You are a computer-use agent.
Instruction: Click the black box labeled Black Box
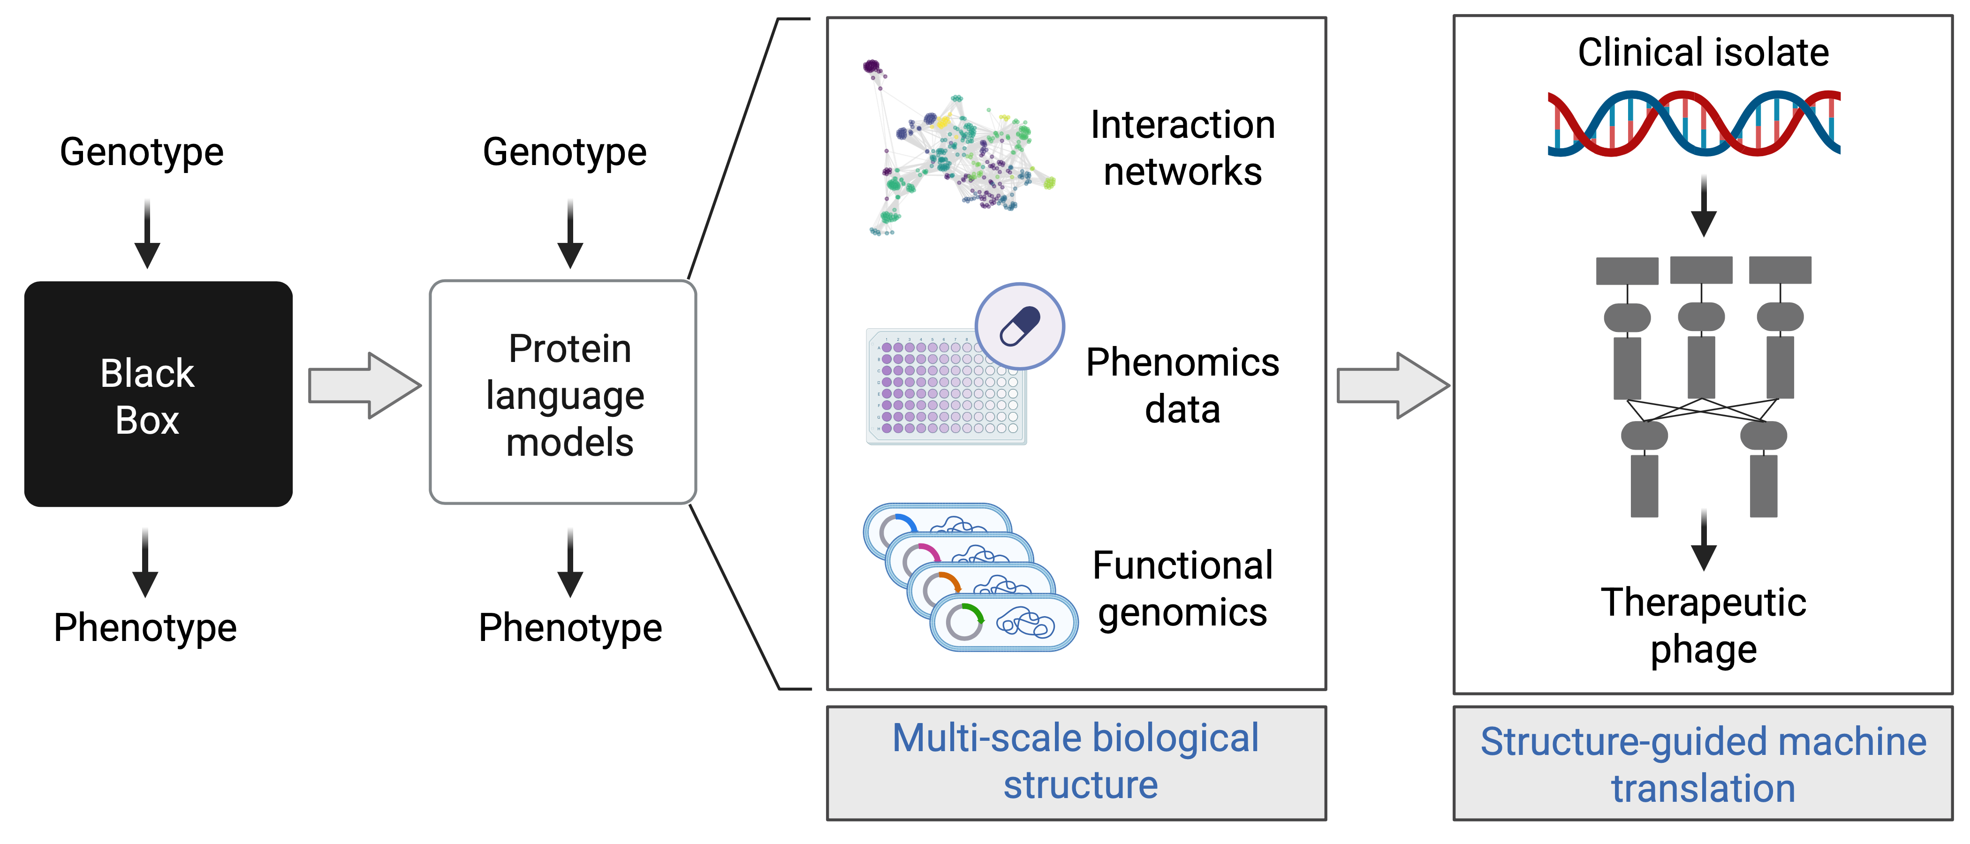(x=159, y=394)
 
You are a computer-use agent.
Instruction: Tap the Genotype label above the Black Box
(x=142, y=151)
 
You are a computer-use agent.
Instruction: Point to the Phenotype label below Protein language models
(x=570, y=628)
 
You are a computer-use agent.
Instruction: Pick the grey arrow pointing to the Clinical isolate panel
(x=1392, y=385)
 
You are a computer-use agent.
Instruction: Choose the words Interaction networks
(x=1182, y=148)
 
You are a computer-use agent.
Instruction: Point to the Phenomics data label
(x=1182, y=386)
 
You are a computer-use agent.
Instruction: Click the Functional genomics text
(x=1182, y=588)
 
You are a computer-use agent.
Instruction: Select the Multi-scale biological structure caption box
(x=1076, y=763)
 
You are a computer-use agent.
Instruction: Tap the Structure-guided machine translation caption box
(x=1702, y=764)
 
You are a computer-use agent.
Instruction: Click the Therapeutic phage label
(x=1703, y=626)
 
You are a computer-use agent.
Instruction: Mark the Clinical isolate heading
(x=1703, y=53)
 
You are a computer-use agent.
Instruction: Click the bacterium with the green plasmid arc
(x=1003, y=623)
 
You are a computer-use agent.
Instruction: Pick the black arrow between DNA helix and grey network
(x=1703, y=206)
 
